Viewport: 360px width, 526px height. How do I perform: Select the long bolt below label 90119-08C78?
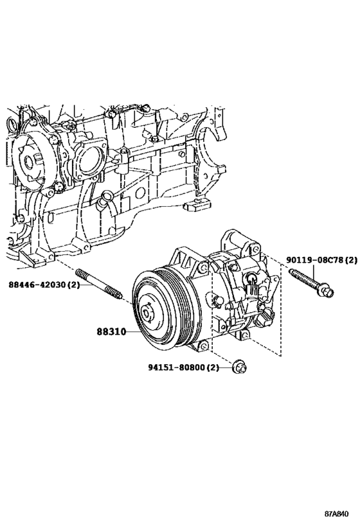307,283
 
